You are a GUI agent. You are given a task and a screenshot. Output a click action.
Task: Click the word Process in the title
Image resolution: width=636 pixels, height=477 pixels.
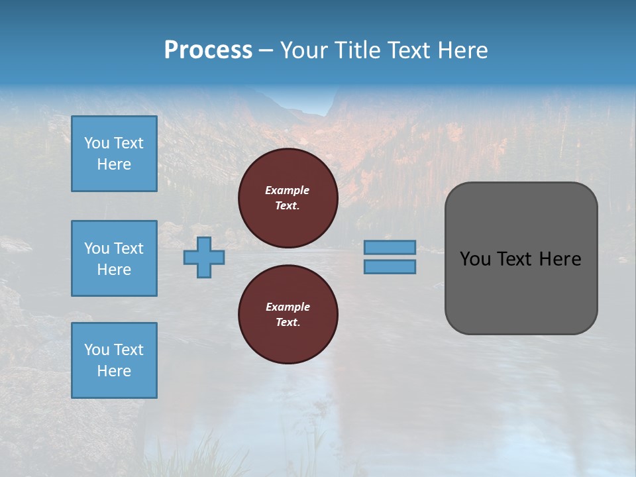click(x=208, y=50)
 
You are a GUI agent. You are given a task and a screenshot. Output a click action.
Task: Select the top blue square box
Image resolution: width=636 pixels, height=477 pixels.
click(x=114, y=154)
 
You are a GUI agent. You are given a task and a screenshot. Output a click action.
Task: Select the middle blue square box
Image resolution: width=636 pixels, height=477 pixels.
click(x=114, y=258)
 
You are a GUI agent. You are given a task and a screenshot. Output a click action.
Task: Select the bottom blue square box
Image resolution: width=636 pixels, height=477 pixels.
click(x=114, y=360)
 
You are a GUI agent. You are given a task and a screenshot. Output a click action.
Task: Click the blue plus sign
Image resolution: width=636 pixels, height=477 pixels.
click(x=204, y=257)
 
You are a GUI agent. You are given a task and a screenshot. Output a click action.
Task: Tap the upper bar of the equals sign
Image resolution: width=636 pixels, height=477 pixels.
click(x=390, y=247)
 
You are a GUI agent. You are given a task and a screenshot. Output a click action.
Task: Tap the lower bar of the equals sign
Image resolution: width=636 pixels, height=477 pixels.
click(x=390, y=267)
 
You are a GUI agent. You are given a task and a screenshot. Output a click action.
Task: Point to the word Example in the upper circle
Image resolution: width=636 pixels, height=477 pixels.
click(x=287, y=190)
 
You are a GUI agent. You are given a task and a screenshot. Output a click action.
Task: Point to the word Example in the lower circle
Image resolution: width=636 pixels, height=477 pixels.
click(x=288, y=307)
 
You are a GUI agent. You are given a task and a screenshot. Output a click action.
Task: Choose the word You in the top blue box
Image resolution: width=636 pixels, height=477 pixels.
click(x=97, y=143)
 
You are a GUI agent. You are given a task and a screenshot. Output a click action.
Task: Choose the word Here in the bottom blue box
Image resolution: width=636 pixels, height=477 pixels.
click(x=114, y=371)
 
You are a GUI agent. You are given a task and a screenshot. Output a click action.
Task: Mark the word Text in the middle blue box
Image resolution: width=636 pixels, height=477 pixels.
click(x=128, y=248)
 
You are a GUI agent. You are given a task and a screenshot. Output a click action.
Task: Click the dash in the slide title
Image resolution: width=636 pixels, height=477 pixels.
click(x=266, y=50)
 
